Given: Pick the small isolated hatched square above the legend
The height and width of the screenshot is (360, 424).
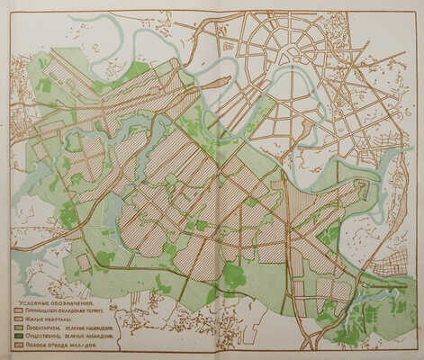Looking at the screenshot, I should (83, 263).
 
